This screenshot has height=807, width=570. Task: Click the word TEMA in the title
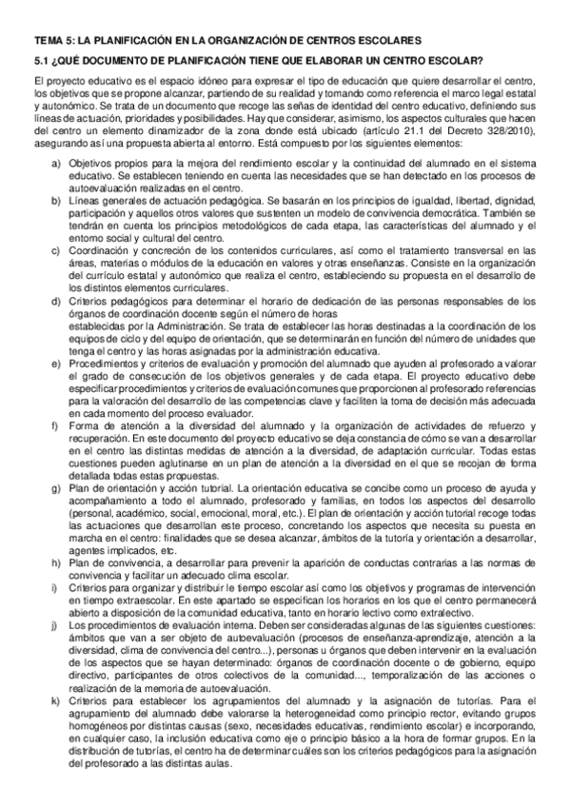point(49,42)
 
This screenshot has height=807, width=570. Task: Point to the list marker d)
point(56,303)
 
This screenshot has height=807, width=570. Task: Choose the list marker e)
point(56,364)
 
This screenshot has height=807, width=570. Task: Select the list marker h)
point(56,563)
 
